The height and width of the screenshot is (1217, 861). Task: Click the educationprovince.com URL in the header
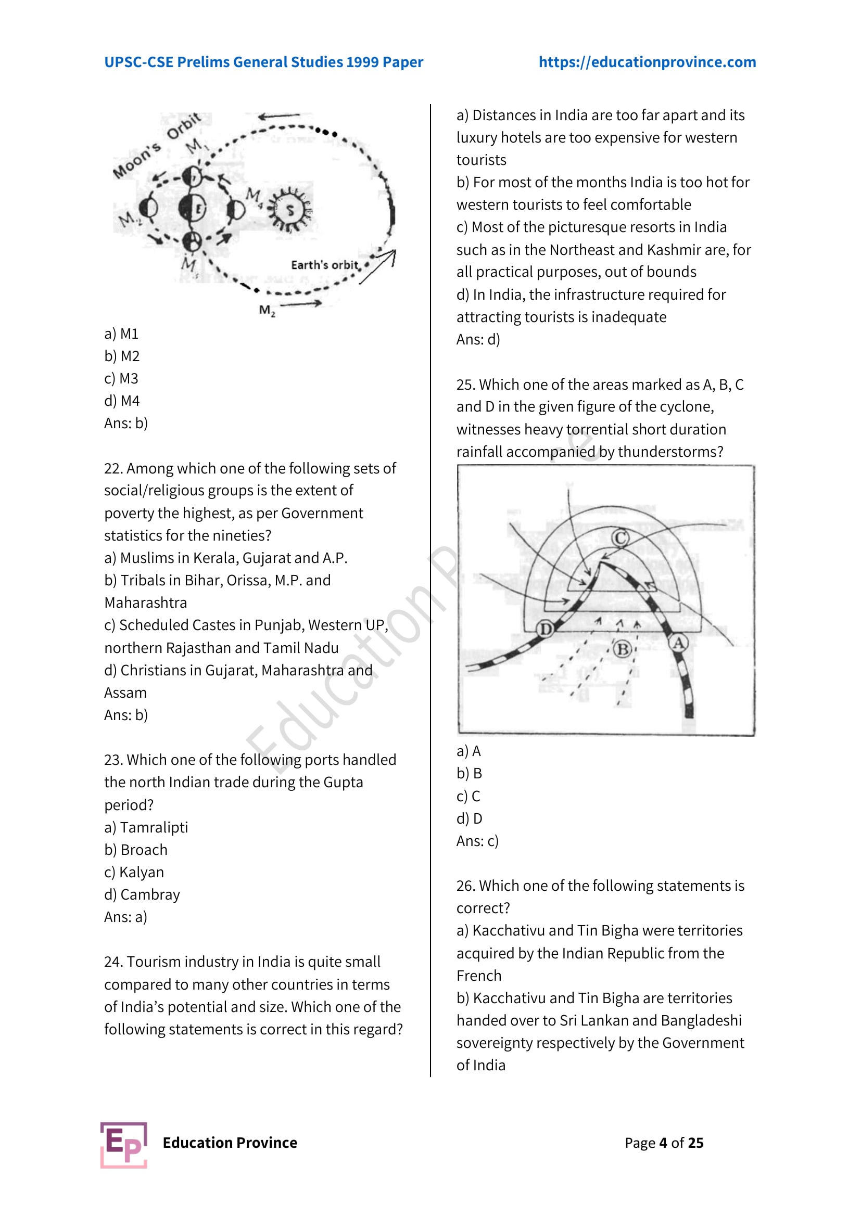(647, 62)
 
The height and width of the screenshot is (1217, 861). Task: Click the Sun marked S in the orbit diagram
(290, 210)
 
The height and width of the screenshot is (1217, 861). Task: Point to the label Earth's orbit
(324, 264)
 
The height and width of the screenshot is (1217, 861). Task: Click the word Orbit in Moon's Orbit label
(183, 126)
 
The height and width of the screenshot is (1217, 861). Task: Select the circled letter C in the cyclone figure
(621, 538)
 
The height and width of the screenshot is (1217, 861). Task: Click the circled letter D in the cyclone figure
(545, 629)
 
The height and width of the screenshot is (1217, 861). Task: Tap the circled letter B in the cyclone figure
(623, 649)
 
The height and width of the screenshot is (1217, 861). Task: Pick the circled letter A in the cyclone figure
(678, 643)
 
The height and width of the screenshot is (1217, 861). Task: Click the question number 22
(113, 469)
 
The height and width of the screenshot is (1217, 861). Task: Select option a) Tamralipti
(146, 827)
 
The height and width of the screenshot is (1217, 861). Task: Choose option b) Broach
(136, 850)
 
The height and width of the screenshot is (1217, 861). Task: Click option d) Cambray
(142, 895)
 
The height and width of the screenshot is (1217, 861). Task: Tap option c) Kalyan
(134, 872)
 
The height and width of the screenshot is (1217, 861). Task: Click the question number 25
(465, 385)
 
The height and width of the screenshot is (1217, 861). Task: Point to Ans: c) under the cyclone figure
(477, 841)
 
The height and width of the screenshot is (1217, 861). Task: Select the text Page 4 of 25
(664, 1143)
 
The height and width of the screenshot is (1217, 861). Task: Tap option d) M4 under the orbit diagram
(122, 401)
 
